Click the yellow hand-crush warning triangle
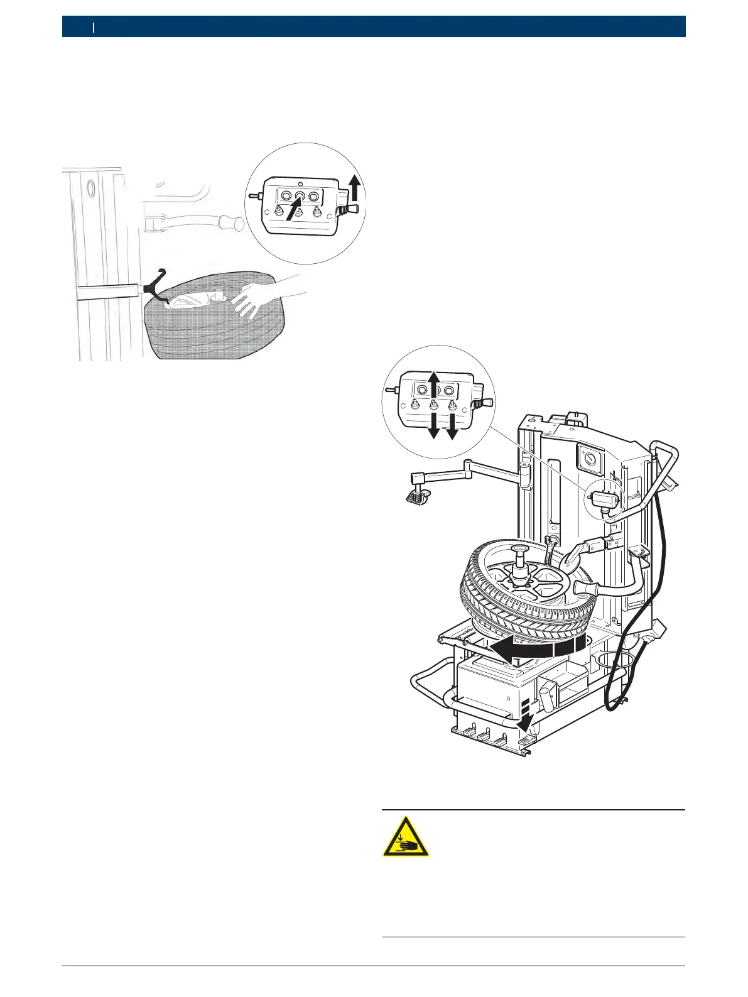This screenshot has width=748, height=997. tap(406, 837)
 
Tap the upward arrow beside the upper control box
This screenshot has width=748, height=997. tap(355, 187)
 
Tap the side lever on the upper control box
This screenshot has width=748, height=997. tap(349, 208)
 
